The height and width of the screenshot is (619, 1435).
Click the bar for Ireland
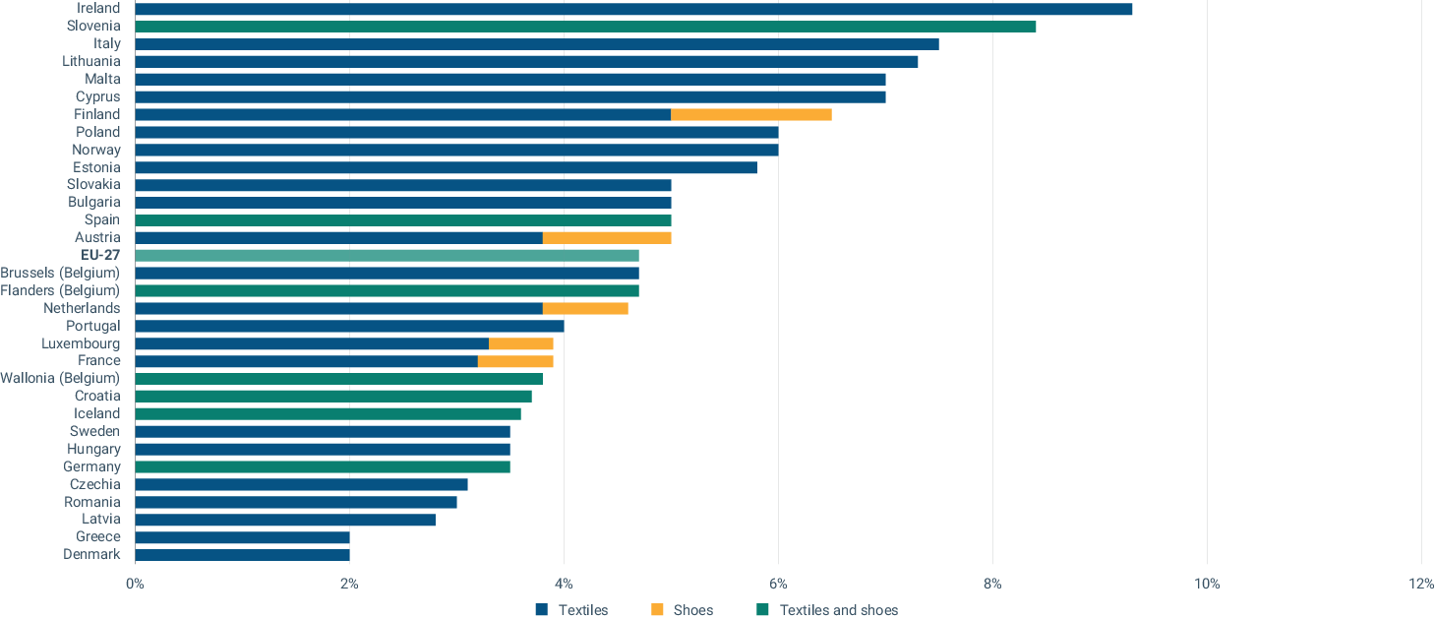pyautogui.click(x=632, y=9)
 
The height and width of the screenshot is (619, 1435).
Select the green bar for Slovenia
pyautogui.click(x=584, y=27)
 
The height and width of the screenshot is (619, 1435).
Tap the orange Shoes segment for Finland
pyautogui.click(x=750, y=114)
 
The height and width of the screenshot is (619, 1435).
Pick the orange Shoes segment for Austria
pyautogui.click(x=606, y=237)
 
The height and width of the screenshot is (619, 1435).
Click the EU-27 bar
pyautogui.click(x=387, y=255)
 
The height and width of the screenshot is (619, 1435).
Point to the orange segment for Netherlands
pyautogui.click(x=585, y=308)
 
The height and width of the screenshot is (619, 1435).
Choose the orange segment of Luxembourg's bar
pyautogui.click(x=520, y=343)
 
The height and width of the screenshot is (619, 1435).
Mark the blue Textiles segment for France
pyautogui.click(x=306, y=361)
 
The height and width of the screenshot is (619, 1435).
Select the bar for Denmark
pyautogui.click(x=242, y=554)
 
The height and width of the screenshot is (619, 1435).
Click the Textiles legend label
pyautogui.click(x=582, y=610)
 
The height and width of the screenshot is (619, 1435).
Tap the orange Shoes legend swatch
pyautogui.click(x=656, y=610)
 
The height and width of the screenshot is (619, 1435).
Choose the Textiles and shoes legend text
pyautogui.click(x=838, y=610)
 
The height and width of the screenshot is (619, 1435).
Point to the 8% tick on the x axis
pyautogui.click(x=992, y=584)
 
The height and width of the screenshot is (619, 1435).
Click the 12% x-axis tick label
pyautogui.click(x=1420, y=584)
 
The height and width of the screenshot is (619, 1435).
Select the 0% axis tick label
pyautogui.click(x=135, y=584)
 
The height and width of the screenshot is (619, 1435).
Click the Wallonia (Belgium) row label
pyautogui.click(x=60, y=378)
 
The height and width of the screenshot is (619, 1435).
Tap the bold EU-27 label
pyautogui.click(x=100, y=255)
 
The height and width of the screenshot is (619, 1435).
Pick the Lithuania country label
pyautogui.click(x=91, y=61)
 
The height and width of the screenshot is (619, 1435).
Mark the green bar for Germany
pyautogui.click(x=322, y=466)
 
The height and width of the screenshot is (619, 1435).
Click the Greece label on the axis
pyautogui.click(x=98, y=536)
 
